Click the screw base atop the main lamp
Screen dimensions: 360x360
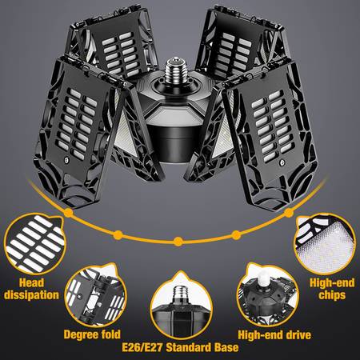174,68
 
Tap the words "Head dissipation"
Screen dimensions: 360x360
31,289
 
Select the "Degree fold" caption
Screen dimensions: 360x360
92,334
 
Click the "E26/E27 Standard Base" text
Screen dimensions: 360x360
180,347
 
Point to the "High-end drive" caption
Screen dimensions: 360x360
274,335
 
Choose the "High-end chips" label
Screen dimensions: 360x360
332,289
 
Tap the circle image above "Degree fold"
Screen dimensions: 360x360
95,295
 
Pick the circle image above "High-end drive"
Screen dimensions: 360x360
267,295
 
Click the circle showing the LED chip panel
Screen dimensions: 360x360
325,244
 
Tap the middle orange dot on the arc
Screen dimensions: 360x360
178,242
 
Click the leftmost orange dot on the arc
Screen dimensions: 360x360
69,213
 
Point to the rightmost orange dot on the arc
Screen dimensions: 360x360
289,213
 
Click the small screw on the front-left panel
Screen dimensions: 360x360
66,160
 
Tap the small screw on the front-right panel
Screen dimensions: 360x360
281,162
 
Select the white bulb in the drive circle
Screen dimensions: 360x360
263,280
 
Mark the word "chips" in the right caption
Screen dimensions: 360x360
332,295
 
